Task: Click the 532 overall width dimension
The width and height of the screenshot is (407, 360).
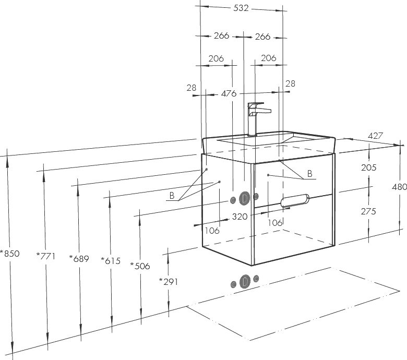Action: (x=241, y=8)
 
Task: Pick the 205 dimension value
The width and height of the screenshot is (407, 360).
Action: (x=368, y=167)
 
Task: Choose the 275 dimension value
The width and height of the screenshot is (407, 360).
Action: (x=368, y=211)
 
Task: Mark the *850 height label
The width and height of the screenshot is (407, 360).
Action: (x=10, y=254)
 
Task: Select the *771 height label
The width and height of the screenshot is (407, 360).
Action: (x=46, y=255)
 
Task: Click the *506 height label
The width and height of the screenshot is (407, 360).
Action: (x=140, y=266)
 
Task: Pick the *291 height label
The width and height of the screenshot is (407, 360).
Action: (x=169, y=281)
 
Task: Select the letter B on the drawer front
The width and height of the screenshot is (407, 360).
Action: (x=309, y=174)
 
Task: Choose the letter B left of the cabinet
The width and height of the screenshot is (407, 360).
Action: (x=171, y=196)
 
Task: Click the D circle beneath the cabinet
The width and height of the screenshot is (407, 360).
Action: (x=245, y=282)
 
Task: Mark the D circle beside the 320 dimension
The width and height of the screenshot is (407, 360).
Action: (x=244, y=198)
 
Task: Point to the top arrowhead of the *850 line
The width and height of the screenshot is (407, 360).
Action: (x=7, y=152)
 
